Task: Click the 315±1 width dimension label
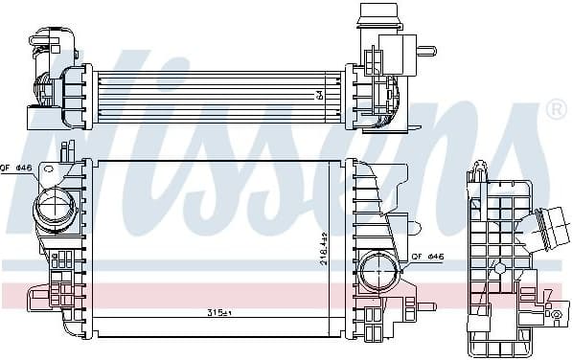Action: click(x=221, y=314)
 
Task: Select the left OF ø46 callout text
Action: click(x=17, y=169)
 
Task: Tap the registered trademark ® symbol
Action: click(x=555, y=110)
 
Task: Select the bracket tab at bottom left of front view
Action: click(x=36, y=297)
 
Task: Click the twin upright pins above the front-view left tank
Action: click(x=67, y=151)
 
